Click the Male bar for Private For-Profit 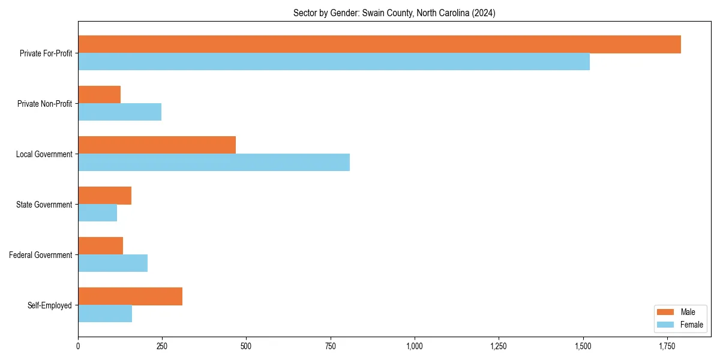[379, 44]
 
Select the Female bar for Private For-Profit [334, 62]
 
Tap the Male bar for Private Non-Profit [99, 95]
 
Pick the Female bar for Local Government [214, 163]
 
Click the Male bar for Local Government [157, 145]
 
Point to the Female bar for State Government [97, 213]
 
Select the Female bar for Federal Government [113, 263]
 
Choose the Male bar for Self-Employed [130, 296]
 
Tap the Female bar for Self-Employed [105, 314]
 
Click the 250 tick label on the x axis [162, 346]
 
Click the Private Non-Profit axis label [44, 104]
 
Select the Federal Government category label [40, 255]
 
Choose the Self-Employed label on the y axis [49, 305]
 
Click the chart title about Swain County [394, 13]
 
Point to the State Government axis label [44, 205]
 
